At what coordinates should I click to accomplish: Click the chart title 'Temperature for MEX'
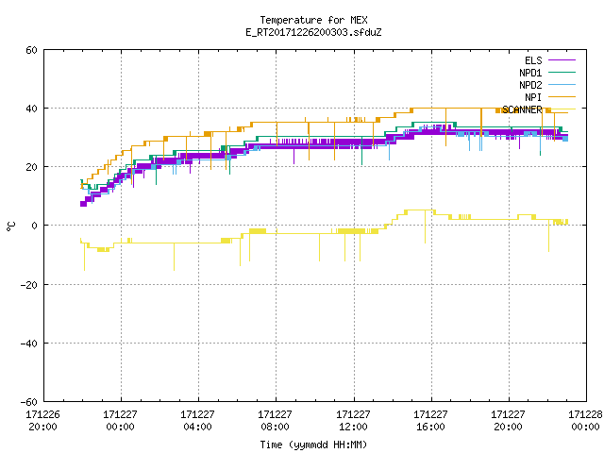(x=313, y=20)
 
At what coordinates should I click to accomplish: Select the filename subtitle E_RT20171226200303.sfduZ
(x=313, y=32)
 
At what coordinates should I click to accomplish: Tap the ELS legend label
(x=533, y=60)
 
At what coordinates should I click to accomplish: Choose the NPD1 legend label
(x=530, y=73)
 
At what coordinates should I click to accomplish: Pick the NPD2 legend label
(x=530, y=85)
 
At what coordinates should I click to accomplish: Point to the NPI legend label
(x=533, y=97)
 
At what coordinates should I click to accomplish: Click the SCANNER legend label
(x=522, y=109)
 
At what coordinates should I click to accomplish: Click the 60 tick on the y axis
(x=31, y=50)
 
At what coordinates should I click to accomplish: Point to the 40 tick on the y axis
(x=31, y=109)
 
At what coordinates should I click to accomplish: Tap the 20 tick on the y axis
(x=31, y=167)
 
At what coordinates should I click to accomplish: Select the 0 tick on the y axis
(x=35, y=226)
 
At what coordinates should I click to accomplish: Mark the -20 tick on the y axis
(x=29, y=285)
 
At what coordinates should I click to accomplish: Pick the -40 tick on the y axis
(x=29, y=344)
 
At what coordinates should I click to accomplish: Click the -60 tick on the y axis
(x=29, y=402)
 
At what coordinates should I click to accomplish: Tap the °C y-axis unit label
(x=11, y=226)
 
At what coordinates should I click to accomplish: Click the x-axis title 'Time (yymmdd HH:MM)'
(x=313, y=445)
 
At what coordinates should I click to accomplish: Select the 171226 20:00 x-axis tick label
(x=43, y=421)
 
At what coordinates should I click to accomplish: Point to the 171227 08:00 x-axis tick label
(x=275, y=421)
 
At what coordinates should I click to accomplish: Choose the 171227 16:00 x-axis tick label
(x=430, y=421)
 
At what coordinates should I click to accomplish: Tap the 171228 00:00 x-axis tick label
(x=585, y=421)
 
